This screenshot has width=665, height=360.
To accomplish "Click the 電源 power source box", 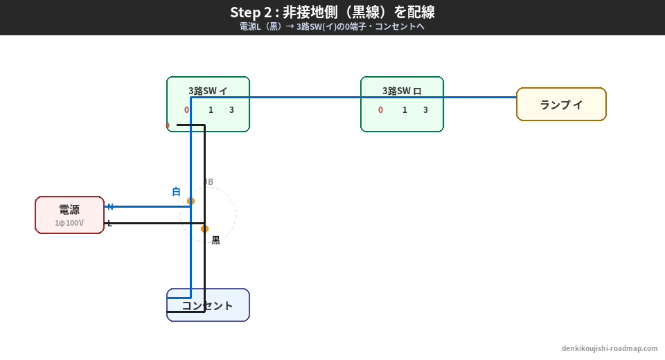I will pos(69,215).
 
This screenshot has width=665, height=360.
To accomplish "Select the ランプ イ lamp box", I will pos(561,105).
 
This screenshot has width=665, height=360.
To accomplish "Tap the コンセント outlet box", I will pos(208,305).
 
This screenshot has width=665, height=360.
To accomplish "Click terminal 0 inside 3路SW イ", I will pos(186,110).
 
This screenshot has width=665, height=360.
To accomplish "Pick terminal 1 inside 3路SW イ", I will pos(211,110).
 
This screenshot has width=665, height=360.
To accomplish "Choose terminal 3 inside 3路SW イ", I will pos(231,110).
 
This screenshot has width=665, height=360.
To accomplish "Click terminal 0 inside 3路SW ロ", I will pos(380,110).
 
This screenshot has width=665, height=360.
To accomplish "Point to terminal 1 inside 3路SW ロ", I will pos(405,110).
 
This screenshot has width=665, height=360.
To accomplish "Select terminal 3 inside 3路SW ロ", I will pos(425,110).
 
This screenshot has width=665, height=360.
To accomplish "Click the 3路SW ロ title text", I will pos(402,91).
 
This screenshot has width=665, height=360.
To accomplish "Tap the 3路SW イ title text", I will pos(208,91).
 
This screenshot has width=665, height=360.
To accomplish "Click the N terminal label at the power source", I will pos(110,207).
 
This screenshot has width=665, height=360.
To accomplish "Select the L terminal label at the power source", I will pos(109,224).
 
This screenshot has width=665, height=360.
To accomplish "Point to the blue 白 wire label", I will pos(176,192).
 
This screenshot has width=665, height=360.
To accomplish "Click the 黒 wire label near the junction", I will pos(215,240).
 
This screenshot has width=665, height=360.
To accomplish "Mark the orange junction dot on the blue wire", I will pos(190,201).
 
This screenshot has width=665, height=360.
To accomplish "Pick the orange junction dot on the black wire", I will pos(204,228).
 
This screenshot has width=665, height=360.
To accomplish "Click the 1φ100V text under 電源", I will pos(69,223).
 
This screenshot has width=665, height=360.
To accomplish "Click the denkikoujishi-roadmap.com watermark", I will pos(610,348).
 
